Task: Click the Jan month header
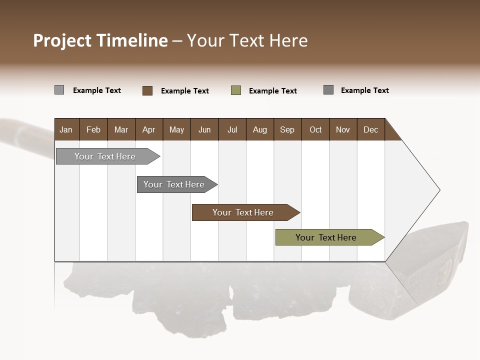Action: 66,129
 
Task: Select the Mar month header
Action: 121,129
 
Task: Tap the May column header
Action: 176,129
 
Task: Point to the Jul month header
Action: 232,129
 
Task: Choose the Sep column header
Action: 287,129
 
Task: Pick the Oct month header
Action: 315,129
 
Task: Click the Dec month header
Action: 370,129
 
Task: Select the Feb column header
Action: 93,129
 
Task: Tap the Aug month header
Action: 259,129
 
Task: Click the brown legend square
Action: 147,90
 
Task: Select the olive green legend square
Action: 236,90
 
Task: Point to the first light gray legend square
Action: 59,90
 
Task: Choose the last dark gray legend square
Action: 328,90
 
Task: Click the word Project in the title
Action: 63,41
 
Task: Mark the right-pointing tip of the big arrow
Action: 438,190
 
